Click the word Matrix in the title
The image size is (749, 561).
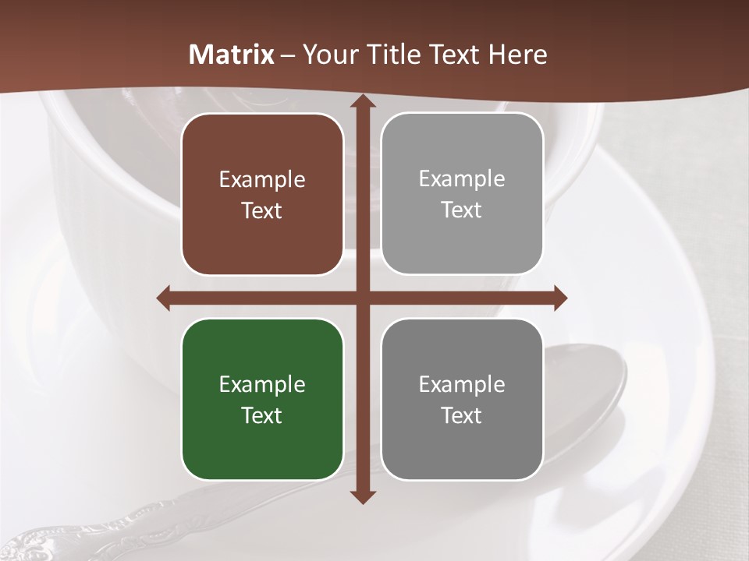pyautogui.click(x=232, y=55)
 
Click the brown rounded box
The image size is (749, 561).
pyautogui.click(x=262, y=194)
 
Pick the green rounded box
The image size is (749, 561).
pyautogui.click(x=262, y=399)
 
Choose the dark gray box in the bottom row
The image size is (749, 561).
pyautogui.click(x=462, y=399)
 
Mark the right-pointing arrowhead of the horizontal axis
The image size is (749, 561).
pyautogui.click(x=559, y=298)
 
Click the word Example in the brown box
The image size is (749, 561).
pyautogui.click(x=262, y=180)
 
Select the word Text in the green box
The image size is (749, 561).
pyautogui.click(x=262, y=415)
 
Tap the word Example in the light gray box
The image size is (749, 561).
pyautogui.click(x=462, y=178)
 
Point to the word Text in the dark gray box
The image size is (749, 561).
pyautogui.click(x=462, y=415)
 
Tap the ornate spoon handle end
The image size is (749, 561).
pyautogui.click(x=31, y=542)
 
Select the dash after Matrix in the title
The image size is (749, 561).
pyautogui.click(x=288, y=55)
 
